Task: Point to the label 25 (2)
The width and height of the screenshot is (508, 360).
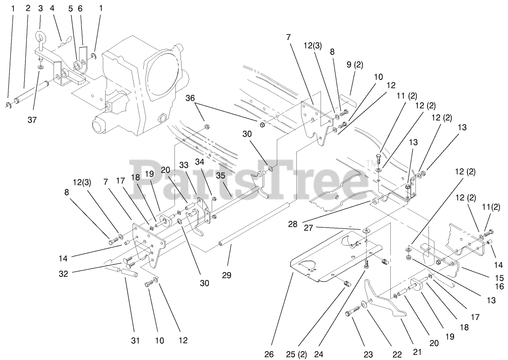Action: (296, 354)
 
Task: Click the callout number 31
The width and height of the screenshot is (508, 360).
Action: (135, 341)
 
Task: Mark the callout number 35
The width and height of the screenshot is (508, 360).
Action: (220, 176)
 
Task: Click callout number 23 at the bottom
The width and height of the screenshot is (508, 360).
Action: (368, 354)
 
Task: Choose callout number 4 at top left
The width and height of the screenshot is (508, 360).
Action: (52, 8)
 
